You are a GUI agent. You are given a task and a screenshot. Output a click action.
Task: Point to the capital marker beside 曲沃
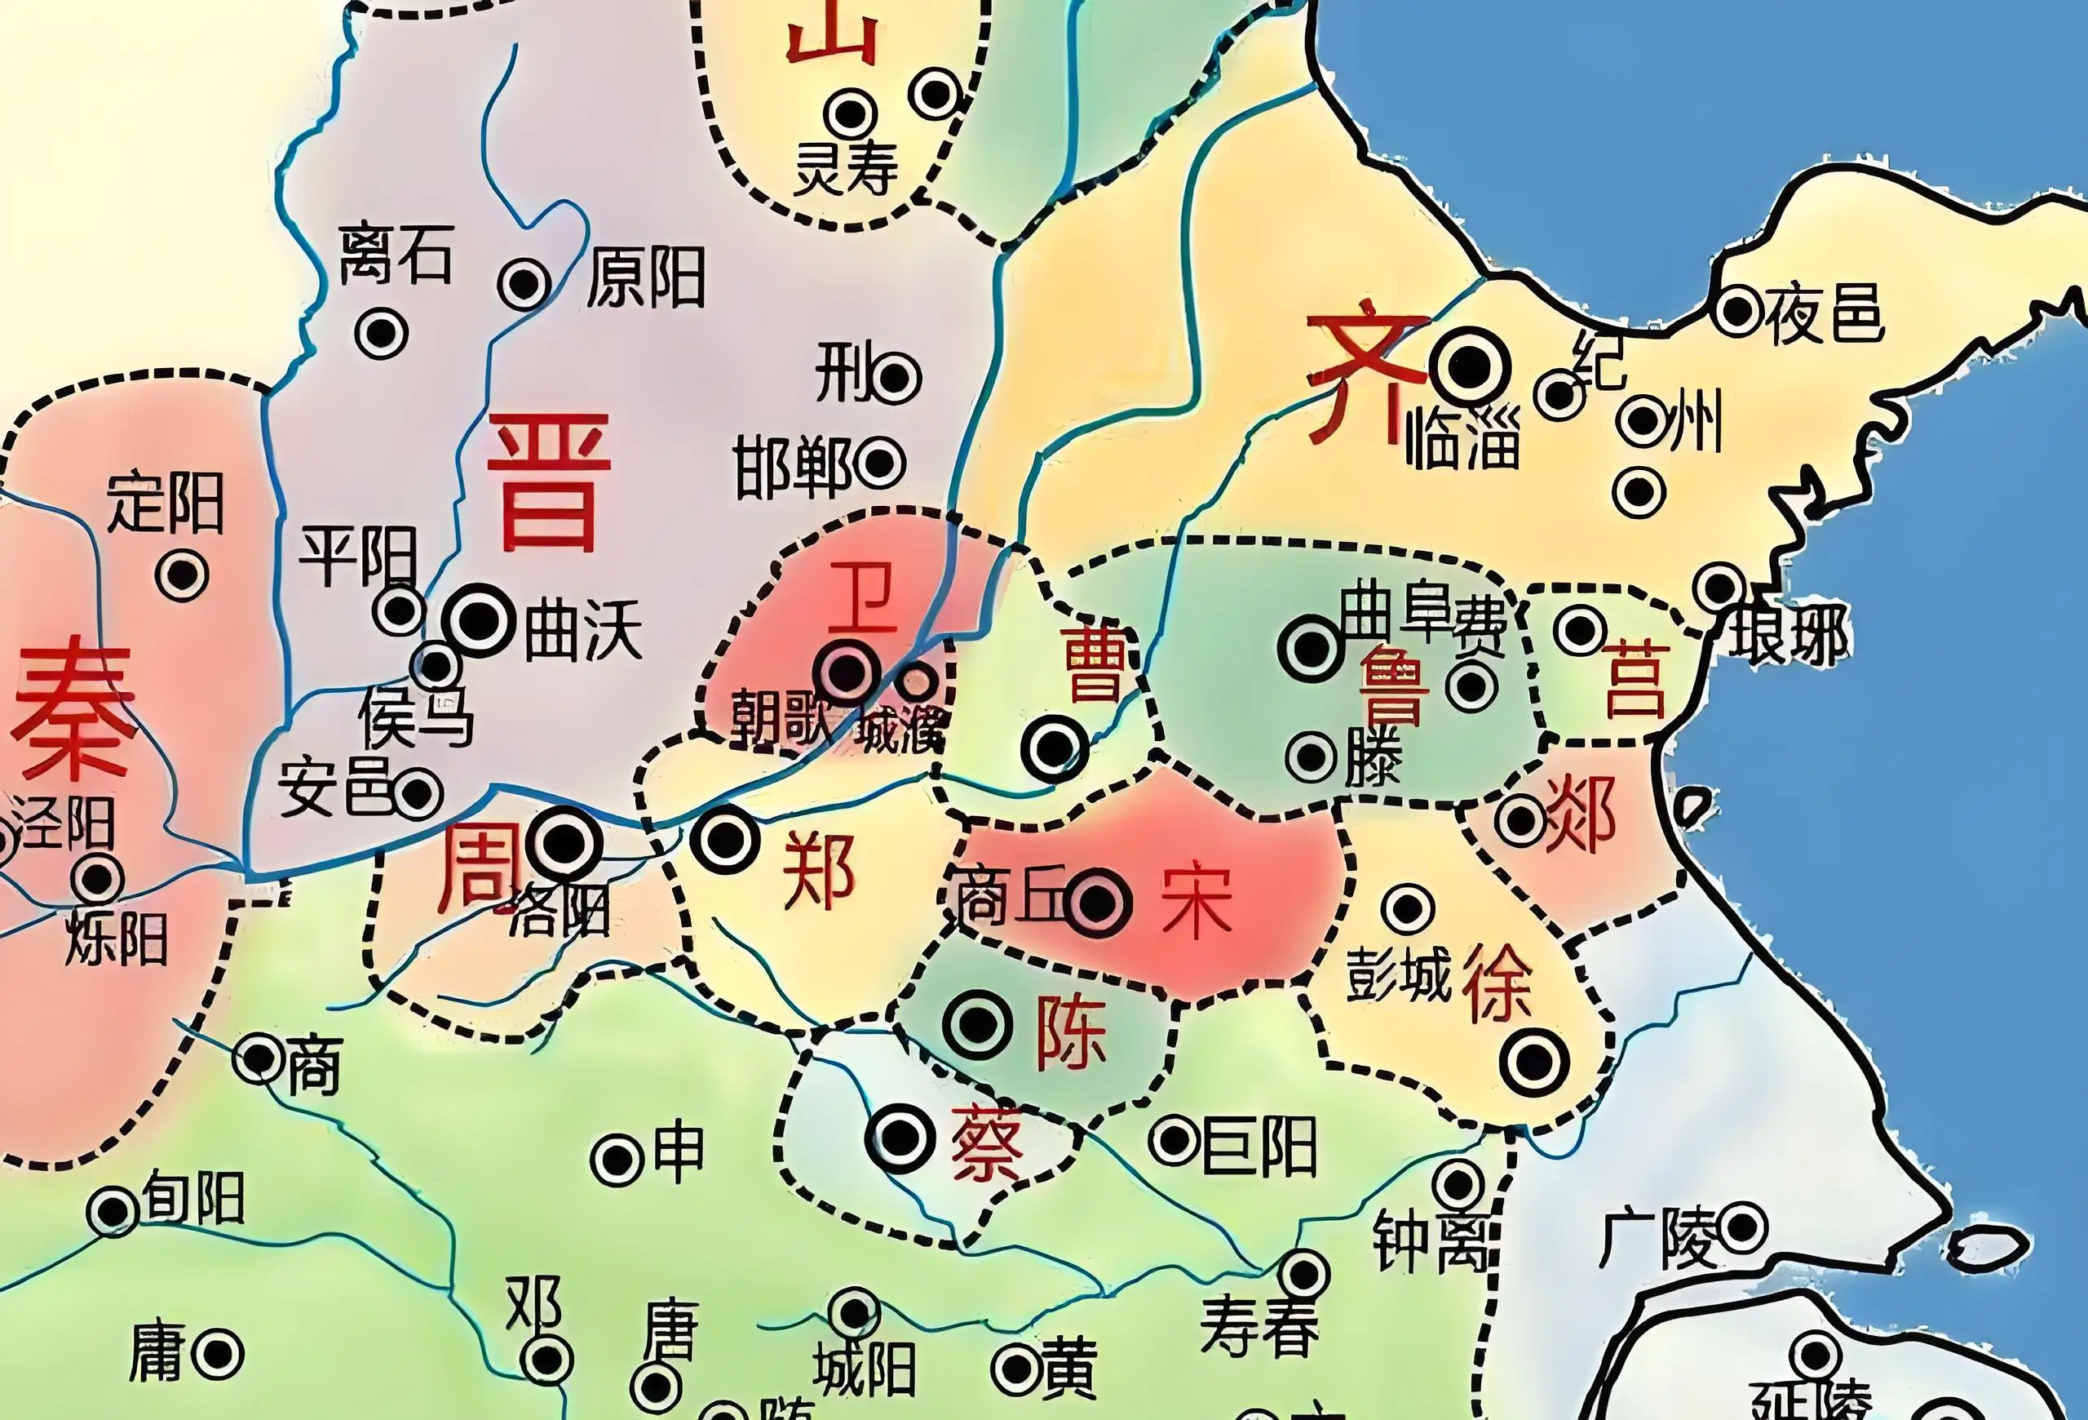[x=480, y=619]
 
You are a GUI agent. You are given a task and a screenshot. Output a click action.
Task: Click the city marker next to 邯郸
[x=879, y=463]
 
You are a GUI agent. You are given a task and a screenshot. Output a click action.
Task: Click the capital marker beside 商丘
[x=1097, y=903]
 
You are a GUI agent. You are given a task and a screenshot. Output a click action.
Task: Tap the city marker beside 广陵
[x=1742, y=1227]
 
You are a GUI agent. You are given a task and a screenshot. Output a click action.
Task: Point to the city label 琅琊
[x=1788, y=636]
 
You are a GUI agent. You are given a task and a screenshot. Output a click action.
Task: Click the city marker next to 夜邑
[x=1738, y=311]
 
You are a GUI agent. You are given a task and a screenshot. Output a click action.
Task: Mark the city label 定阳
[x=166, y=503]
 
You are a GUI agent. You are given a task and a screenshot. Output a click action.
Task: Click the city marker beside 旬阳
[x=113, y=1212]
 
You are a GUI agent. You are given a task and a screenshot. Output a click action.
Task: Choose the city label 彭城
[x=1398, y=975]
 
